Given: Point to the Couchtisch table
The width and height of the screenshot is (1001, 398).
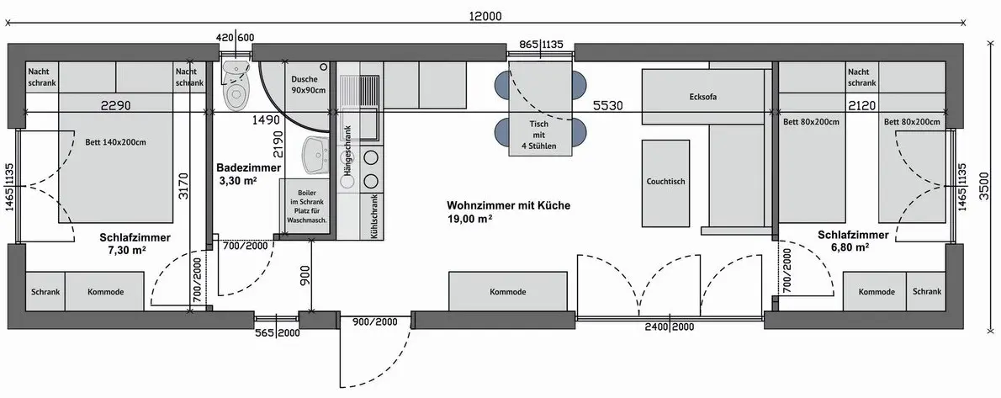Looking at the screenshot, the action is click(665, 182).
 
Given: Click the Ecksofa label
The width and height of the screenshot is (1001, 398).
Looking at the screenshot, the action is click(703, 97).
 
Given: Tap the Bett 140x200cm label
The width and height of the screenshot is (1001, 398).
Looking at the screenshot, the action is click(115, 142).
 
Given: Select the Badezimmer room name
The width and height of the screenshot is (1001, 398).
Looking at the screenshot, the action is click(248, 168).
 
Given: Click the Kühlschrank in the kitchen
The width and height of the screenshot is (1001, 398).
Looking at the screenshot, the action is click(373, 216).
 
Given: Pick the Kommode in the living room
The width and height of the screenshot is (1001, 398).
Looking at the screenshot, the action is click(507, 291).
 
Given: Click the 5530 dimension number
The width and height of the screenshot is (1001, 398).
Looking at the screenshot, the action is click(607, 105).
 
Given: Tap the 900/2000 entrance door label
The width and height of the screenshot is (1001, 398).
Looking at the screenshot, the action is click(374, 322).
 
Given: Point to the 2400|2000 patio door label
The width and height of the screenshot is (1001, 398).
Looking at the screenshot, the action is click(669, 327).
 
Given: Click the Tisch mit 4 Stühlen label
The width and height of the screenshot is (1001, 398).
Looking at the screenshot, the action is click(539, 135).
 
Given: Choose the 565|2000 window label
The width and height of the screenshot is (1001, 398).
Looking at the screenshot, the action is click(277, 333).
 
